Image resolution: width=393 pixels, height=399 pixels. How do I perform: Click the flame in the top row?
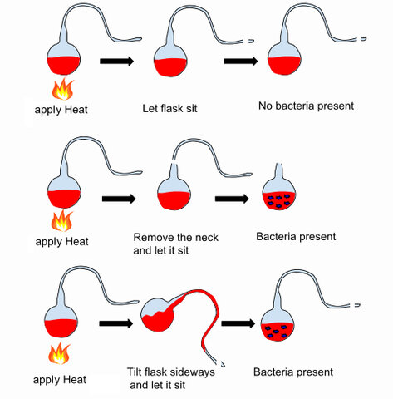[61, 89]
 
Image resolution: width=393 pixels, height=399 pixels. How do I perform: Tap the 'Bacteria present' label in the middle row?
[297, 237]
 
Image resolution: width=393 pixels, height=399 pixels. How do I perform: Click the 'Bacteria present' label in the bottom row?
[293, 372]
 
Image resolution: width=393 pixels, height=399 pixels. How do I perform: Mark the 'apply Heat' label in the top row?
[61, 109]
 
